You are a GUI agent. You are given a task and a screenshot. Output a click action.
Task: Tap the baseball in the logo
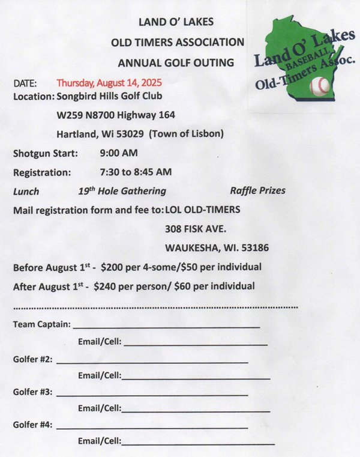tap(320, 87)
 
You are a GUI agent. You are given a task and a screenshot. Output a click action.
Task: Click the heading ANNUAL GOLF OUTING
tap(176, 62)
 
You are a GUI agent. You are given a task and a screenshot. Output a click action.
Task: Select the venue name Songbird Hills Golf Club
tap(109, 95)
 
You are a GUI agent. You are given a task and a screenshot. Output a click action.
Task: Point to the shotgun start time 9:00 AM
tap(119, 153)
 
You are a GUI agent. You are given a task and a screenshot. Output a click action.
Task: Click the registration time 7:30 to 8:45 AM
tap(136, 172)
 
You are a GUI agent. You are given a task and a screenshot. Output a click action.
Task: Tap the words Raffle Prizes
tap(257, 191)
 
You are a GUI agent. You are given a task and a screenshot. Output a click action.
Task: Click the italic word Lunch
tap(26, 192)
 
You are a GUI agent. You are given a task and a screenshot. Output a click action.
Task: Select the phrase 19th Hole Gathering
tap(122, 191)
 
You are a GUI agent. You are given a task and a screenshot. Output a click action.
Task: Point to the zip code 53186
tap(254, 247)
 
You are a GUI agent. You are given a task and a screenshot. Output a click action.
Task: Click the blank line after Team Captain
tap(166, 327)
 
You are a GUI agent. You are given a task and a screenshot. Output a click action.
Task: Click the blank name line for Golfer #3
tap(152, 395)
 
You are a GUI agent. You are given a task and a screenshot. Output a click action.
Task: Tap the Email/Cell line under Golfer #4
tap(198, 443)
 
